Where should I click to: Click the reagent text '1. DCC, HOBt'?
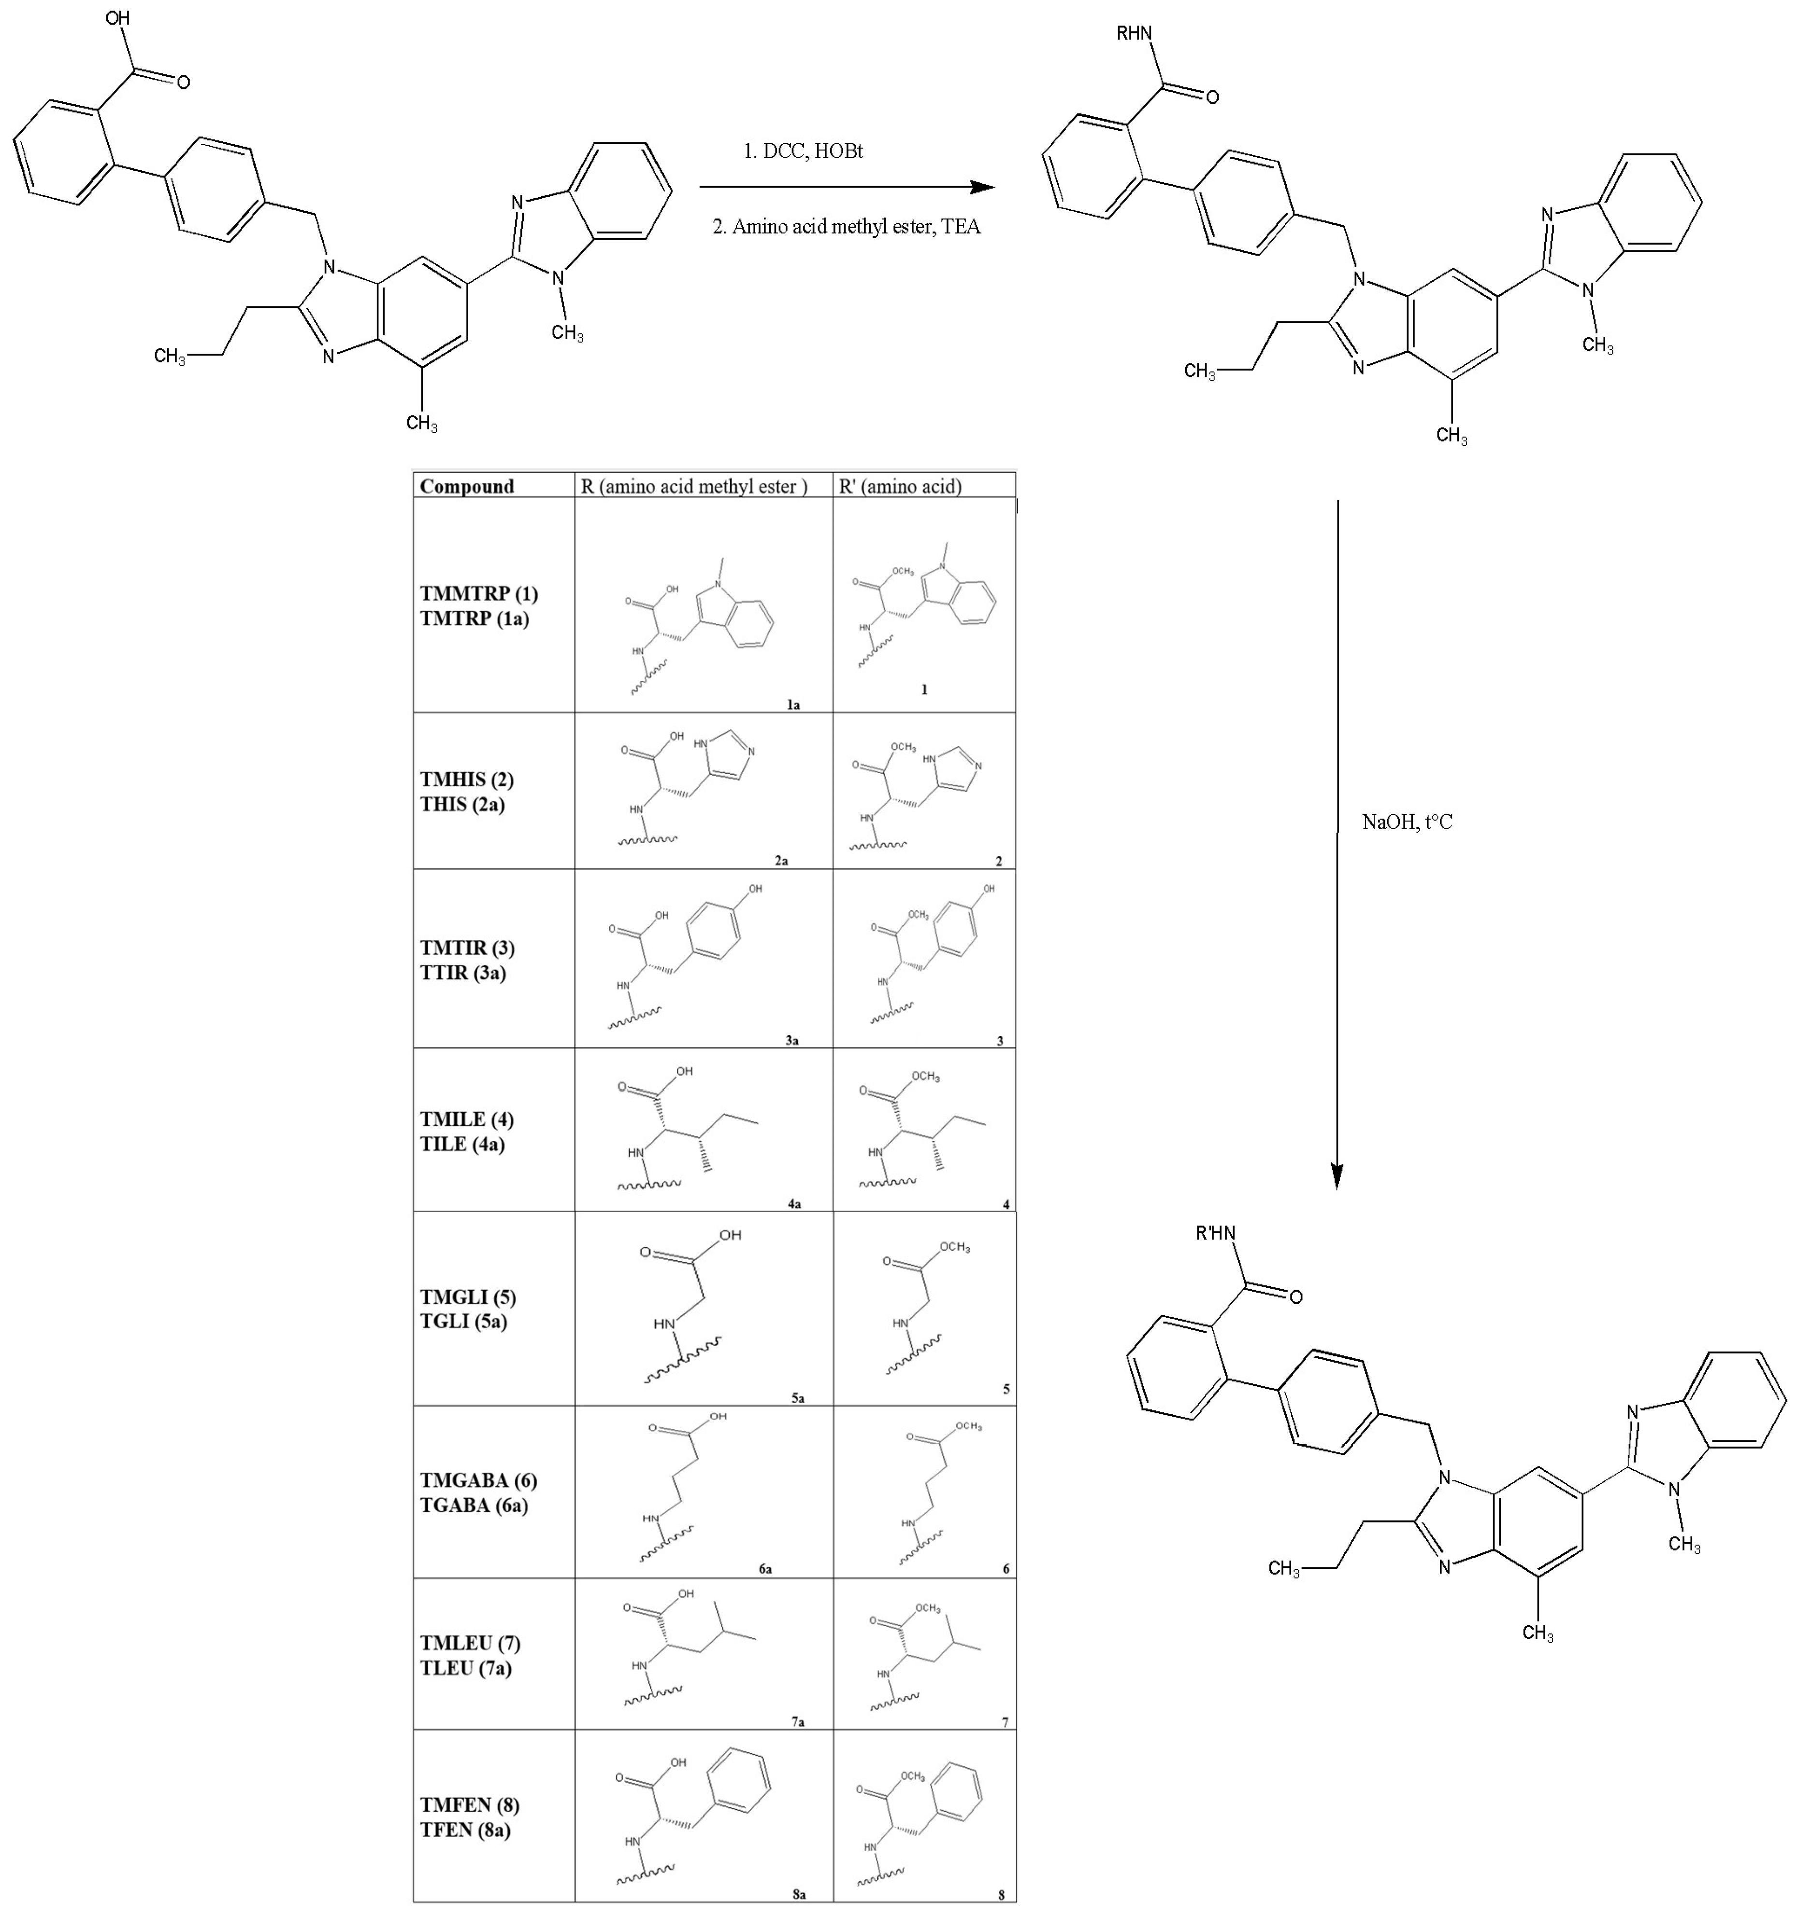(x=803, y=151)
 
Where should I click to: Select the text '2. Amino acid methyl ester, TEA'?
(x=846, y=227)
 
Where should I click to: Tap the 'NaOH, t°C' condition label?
(x=1406, y=822)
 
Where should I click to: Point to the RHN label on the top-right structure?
(x=1134, y=34)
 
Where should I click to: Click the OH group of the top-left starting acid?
(x=117, y=18)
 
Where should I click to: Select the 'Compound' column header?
(x=467, y=486)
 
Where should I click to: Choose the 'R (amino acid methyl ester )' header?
(x=693, y=486)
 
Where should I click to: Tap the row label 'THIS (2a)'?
(x=462, y=805)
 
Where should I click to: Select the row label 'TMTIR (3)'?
(x=467, y=948)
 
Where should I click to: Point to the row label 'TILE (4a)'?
(x=462, y=1144)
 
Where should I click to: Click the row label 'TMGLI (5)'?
(x=468, y=1297)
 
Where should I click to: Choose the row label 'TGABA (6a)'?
(x=474, y=1505)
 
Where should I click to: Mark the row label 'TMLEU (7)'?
(x=470, y=1642)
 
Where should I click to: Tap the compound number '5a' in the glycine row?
(x=797, y=1397)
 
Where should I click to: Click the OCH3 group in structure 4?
(x=925, y=1077)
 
